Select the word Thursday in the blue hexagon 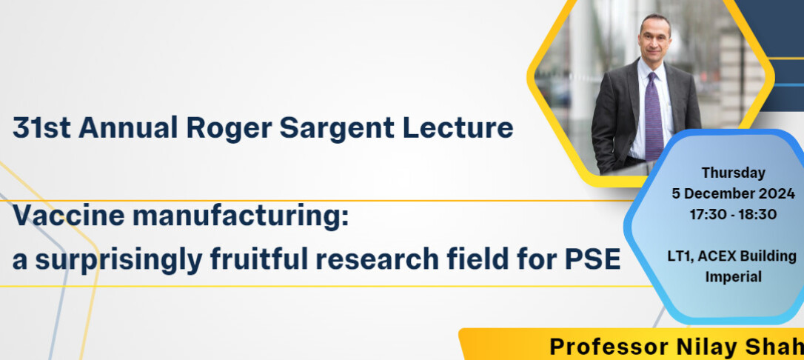733,173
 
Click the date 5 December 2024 733,194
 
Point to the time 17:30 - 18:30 733,214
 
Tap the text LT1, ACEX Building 733,256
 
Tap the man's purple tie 654,117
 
